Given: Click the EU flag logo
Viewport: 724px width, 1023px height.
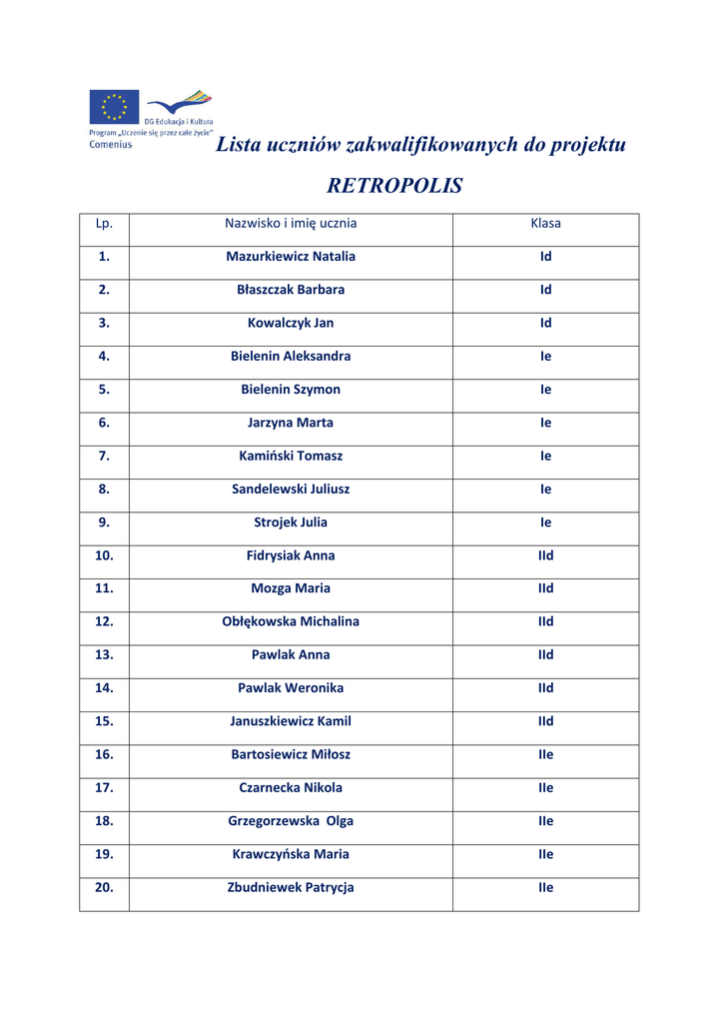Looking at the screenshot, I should [x=114, y=107].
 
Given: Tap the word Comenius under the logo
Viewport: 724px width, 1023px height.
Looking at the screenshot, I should [x=110, y=144].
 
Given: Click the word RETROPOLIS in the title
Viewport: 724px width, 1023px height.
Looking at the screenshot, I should [x=394, y=186].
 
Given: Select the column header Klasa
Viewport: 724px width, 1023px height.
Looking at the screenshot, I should [x=545, y=224].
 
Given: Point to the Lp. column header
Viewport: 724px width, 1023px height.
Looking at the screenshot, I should [x=104, y=224].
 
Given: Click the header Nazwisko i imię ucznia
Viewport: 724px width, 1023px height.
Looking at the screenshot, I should [x=291, y=224].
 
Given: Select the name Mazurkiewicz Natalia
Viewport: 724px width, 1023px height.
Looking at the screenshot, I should [x=291, y=257].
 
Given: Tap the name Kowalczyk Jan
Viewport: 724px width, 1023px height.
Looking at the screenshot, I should [x=291, y=324].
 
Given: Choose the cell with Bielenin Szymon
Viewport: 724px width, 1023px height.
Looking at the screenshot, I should [x=291, y=390].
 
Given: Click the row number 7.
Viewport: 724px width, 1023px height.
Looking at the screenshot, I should [x=104, y=456].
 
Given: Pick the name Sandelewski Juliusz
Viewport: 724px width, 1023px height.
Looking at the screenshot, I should [x=291, y=490].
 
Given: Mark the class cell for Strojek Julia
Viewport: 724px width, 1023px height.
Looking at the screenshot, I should [x=545, y=522].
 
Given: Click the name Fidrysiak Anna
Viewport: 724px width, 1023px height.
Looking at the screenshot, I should [x=291, y=555].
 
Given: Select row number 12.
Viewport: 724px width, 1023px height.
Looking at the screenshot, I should [x=104, y=621].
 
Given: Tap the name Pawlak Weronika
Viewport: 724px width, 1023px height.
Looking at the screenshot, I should [x=291, y=688].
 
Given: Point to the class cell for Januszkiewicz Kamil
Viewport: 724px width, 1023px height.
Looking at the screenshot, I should [x=545, y=721].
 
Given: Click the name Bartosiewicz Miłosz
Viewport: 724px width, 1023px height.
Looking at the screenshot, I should [x=291, y=755].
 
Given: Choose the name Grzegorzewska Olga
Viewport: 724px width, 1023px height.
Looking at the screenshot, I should [x=291, y=821].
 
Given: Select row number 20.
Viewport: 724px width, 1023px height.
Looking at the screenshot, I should [x=104, y=887].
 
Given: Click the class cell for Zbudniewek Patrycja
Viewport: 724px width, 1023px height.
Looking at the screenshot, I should [x=545, y=887].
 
